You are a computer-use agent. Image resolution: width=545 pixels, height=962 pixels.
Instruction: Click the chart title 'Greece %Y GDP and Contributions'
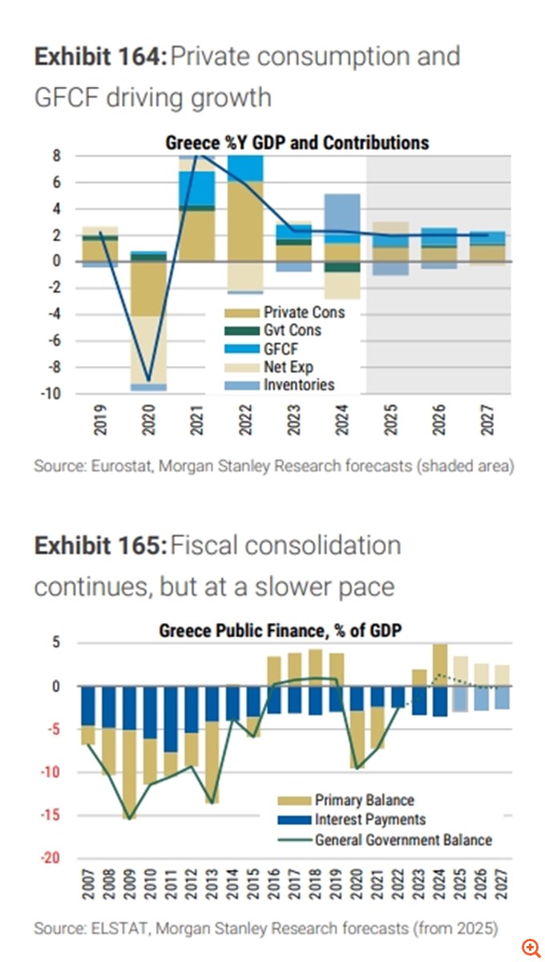point(297,143)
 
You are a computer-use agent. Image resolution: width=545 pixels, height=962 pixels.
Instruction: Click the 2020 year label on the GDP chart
point(148,418)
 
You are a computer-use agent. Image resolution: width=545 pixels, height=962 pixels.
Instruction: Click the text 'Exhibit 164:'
point(100,57)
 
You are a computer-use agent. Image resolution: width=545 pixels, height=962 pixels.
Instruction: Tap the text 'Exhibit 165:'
point(100,546)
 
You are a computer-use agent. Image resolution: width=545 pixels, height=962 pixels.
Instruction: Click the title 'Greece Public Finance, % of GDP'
point(281,631)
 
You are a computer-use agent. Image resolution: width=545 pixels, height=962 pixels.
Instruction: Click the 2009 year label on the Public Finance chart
point(128,884)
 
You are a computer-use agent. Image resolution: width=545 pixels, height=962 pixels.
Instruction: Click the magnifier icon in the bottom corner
point(529,947)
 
